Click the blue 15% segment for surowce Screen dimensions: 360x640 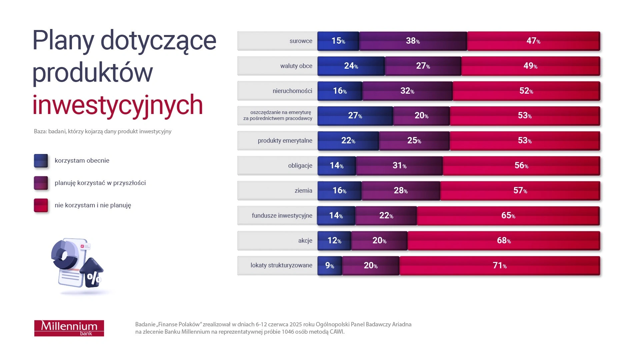coord(338,41)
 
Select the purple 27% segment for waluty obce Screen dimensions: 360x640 coord(423,66)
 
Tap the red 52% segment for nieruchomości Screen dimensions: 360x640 coord(526,91)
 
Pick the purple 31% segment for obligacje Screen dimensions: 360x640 coord(399,166)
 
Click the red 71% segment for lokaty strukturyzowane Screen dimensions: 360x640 coord(499,266)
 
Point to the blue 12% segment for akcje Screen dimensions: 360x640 coord(334,241)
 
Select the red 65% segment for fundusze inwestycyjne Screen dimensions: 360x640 coord(508,216)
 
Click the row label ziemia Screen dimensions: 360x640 coord(303,191)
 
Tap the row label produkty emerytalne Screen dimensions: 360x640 coord(285,141)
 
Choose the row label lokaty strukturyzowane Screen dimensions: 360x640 coord(281,265)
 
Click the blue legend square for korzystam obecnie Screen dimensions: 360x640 coord(41,161)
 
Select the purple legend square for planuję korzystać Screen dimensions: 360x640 coord(41,183)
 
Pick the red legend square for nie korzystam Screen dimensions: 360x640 coord(41,205)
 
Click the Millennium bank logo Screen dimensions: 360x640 coord(69,328)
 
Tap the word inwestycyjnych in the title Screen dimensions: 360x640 coord(117,105)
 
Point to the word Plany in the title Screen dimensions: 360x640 coord(63,41)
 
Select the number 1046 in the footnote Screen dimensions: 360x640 coord(288,332)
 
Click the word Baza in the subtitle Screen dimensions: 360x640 coord(40,131)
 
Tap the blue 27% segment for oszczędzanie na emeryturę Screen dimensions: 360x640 coord(355,116)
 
